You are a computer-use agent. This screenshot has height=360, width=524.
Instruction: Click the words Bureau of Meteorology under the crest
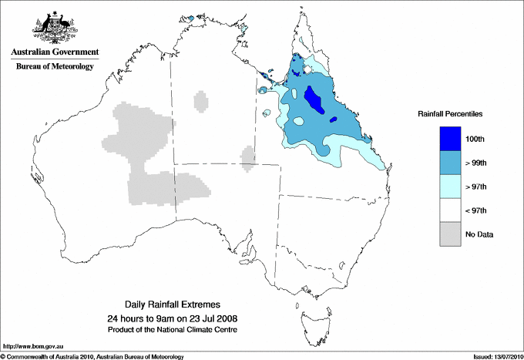click(55, 67)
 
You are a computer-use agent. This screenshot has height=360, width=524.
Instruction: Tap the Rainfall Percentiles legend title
click(450, 113)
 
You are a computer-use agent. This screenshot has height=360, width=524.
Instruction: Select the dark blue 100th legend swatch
click(450, 139)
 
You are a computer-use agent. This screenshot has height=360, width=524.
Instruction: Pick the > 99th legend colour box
click(450, 163)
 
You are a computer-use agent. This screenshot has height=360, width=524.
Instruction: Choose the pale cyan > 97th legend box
click(450, 187)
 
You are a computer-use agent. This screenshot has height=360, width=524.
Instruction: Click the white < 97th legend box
click(450, 210)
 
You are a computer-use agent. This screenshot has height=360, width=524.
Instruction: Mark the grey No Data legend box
click(450, 234)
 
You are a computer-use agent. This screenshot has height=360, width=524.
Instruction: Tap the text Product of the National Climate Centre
click(173, 329)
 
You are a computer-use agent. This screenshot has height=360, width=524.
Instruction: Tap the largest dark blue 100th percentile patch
click(314, 99)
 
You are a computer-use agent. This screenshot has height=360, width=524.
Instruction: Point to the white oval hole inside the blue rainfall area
click(298, 121)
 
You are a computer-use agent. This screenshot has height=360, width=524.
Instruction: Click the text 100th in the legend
click(475, 139)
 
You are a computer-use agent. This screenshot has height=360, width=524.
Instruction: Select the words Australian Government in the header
click(55, 52)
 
